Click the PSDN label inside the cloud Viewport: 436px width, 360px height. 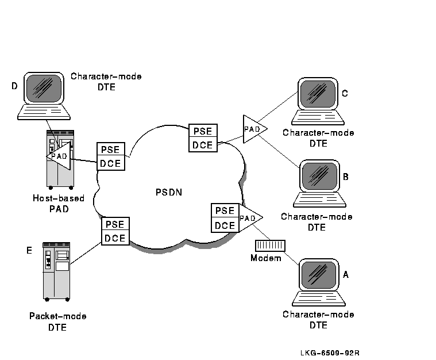pyautogui.click(x=168, y=192)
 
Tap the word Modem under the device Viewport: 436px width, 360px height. pyautogui.click(x=266, y=258)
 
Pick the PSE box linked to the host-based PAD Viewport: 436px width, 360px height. pyautogui.click(x=110, y=150)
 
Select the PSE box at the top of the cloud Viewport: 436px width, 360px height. pyautogui.click(x=203, y=132)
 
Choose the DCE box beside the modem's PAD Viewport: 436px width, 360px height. pyautogui.click(x=225, y=225)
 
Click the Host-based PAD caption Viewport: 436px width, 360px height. pyautogui.click(x=58, y=204)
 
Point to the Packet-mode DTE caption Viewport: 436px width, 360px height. pyautogui.click(x=57, y=321)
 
